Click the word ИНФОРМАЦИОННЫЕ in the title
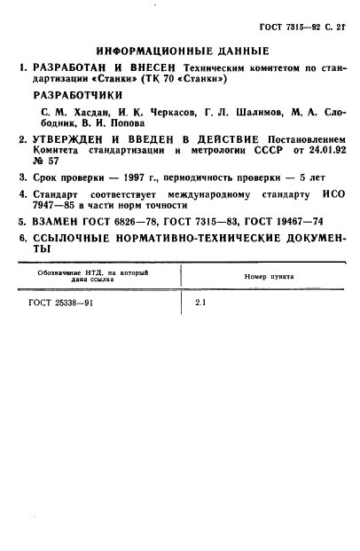coord(140,51)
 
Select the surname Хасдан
coord(86,113)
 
